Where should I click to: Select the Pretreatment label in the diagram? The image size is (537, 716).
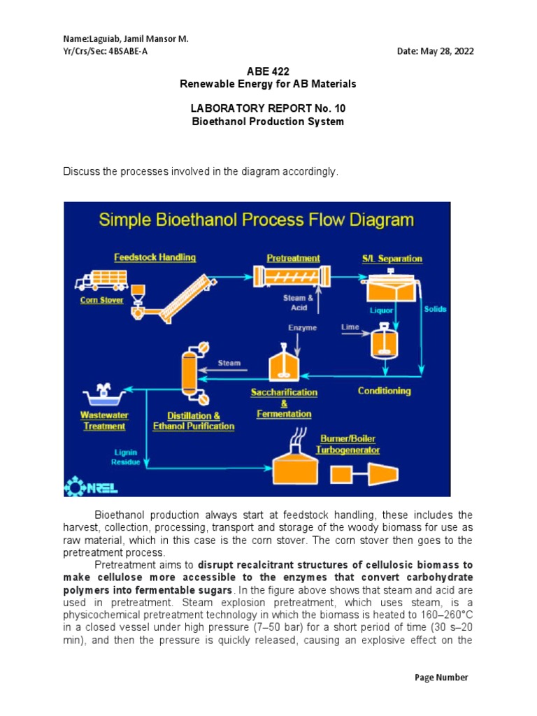pos(293,258)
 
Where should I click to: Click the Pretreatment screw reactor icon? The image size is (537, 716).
pos(293,277)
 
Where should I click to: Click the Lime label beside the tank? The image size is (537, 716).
pos(350,327)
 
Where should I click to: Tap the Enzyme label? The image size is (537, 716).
pos(301,327)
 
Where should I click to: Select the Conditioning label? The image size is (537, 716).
pos(384,391)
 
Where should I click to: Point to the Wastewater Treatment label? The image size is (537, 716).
pos(104,420)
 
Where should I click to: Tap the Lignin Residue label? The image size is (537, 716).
pos(126,457)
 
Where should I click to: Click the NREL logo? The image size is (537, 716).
pos(85,485)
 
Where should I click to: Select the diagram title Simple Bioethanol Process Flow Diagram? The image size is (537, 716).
pos(256,221)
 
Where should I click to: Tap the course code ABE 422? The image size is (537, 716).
pos(268,71)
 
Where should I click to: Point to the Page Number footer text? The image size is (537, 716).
pos(441,677)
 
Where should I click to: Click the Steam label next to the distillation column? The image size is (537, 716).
pos(229,363)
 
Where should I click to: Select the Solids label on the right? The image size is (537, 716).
pos(435,309)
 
